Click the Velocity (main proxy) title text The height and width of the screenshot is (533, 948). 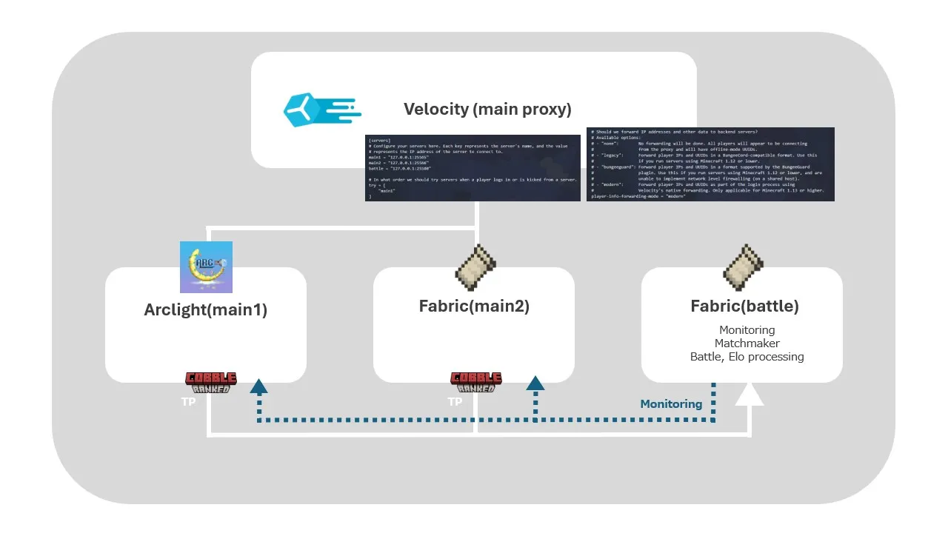[487, 110]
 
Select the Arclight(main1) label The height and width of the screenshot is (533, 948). [205, 309]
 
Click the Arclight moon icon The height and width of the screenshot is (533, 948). [206, 266]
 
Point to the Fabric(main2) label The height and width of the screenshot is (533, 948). [474, 306]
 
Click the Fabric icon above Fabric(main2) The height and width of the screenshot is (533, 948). [475, 266]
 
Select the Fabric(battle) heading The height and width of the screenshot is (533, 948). [744, 306]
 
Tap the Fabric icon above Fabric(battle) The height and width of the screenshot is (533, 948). [743, 266]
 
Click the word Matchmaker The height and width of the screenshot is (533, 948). [747, 343]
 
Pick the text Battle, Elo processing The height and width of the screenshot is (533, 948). [747, 356]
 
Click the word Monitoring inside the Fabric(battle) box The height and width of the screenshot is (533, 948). [747, 329]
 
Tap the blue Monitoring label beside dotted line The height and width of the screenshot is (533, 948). [671, 403]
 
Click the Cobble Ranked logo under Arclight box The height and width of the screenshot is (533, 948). [211, 382]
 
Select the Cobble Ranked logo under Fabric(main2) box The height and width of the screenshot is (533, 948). [476, 382]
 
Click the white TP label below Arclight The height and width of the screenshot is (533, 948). [189, 402]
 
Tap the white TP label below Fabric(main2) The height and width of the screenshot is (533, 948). [455, 402]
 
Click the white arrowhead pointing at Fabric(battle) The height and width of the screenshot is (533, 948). [749, 395]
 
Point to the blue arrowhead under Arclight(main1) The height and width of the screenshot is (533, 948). [258, 385]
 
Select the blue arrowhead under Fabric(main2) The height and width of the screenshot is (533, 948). [535, 383]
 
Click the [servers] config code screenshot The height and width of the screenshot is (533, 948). [473, 168]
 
